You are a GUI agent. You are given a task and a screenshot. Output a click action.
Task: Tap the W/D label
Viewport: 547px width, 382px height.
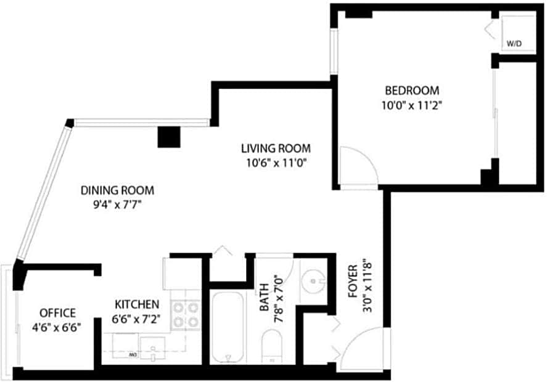pyautogui.click(x=513, y=44)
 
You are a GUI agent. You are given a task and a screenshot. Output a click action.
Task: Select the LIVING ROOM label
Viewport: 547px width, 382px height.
pyautogui.click(x=276, y=148)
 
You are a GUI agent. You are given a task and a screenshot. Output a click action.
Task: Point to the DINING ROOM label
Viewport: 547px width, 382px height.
pyautogui.click(x=117, y=190)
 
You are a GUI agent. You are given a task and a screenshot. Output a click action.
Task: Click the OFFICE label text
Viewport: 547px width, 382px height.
pyautogui.click(x=57, y=312)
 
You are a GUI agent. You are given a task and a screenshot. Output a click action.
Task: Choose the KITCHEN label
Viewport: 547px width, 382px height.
pyautogui.click(x=138, y=304)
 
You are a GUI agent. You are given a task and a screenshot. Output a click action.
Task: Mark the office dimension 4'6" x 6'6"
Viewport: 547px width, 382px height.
pyautogui.click(x=57, y=327)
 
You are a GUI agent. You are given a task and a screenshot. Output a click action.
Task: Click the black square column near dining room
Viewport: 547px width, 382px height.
pyautogui.click(x=168, y=136)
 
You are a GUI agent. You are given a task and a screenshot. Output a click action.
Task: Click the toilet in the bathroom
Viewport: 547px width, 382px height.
pyautogui.click(x=272, y=346)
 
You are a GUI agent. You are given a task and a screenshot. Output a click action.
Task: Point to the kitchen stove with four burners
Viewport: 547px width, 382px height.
pyautogui.click(x=186, y=314)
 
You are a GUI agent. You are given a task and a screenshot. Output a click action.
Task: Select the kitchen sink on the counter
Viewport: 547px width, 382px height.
pyautogui.click(x=151, y=346)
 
